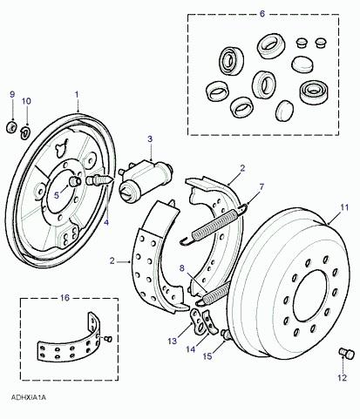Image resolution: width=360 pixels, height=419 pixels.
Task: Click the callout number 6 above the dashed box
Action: click(x=262, y=14)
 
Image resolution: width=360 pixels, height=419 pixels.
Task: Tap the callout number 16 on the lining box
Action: click(x=65, y=298)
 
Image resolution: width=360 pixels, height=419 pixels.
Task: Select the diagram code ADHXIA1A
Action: click(x=29, y=397)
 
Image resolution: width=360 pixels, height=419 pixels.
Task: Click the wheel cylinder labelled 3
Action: click(x=146, y=180)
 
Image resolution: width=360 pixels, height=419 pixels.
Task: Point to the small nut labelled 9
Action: click(x=11, y=127)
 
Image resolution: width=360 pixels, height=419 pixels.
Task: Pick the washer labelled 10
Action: click(x=25, y=132)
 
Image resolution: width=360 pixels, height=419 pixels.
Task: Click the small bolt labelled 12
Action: click(x=347, y=355)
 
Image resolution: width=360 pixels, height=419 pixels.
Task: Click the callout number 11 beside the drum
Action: click(x=344, y=207)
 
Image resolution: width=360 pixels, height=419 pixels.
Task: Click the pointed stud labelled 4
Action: click(x=98, y=180)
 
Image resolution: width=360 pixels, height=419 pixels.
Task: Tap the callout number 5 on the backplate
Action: click(x=57, y=195)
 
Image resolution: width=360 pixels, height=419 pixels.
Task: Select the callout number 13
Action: click(x=173, y=341)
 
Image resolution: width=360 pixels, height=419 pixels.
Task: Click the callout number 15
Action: click(x=207, y=356)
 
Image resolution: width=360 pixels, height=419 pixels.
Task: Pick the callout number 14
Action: click(x=190, y=349)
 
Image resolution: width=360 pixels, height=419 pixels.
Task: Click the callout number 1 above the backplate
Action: click(x=77, y=95)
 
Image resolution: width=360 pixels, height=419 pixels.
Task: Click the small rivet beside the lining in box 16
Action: click(x=107, y=339)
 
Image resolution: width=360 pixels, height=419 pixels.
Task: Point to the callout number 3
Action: click(x=150, y=139)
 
